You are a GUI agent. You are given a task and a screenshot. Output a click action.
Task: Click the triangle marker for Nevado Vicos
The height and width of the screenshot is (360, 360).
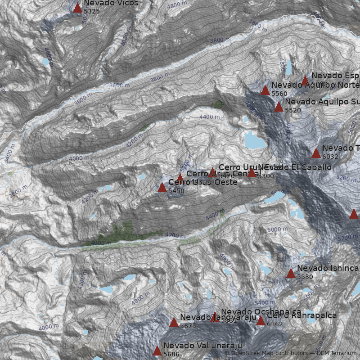pos(77,8)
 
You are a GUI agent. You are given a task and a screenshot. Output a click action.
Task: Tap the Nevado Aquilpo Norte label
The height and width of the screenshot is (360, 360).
pos(315,85)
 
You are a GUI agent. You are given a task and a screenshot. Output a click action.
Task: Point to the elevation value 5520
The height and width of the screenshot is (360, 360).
pos(292,110)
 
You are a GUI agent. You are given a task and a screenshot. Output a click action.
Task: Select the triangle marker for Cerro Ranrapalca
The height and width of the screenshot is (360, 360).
pos(261,320)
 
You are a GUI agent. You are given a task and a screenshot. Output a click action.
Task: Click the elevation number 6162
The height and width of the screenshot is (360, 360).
pos(275,324)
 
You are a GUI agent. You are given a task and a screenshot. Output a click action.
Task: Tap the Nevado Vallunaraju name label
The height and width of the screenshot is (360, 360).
pos(199,346)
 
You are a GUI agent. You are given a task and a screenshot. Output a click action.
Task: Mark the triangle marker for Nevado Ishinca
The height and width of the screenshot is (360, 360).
pos(291,273)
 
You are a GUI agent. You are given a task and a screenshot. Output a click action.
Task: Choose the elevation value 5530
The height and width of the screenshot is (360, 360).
pos(305,277)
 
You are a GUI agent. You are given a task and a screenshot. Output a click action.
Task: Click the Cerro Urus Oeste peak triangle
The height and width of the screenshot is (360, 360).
pos(162,187)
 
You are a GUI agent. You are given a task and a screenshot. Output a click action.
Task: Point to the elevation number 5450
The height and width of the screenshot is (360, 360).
pos(176,191)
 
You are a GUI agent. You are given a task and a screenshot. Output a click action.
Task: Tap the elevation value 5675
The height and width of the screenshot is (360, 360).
pos(188,326)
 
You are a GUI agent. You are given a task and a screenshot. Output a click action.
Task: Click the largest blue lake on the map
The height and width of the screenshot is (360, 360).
pos(255,141)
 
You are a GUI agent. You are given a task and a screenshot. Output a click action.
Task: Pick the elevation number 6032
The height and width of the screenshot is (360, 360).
pos(330,157)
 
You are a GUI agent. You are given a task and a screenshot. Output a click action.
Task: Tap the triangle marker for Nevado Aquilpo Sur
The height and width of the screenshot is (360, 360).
pos(279,107)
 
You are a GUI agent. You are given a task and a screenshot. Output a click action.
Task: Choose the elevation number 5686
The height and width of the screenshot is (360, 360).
pos(171,355)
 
